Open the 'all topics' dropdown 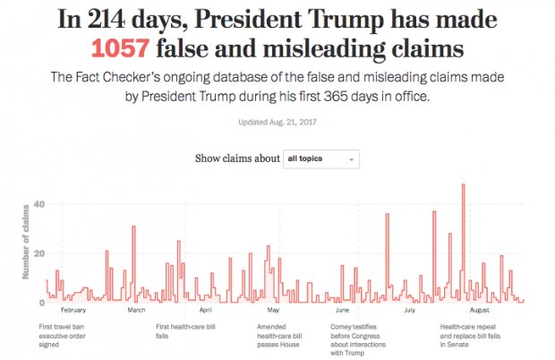pos(321,159)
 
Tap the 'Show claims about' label pos(237,159)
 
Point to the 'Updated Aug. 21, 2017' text pos(277,123)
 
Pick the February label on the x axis pos(73,310)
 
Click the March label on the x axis pos(137,310)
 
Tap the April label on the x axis pos(205,310)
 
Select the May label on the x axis pos(275,310)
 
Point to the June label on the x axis pos(341,310)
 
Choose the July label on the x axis pos(410,310)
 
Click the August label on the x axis pos(479,310)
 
